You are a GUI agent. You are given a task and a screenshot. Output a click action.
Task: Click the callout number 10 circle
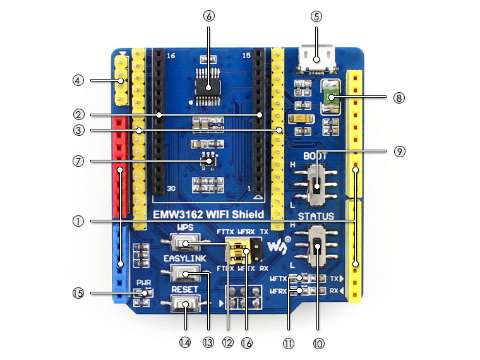[318, 344]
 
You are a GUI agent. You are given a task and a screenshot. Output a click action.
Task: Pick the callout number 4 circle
[78, 80]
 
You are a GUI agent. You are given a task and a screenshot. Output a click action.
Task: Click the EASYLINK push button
[185, 273]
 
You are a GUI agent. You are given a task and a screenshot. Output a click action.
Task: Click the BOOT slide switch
[320, 184]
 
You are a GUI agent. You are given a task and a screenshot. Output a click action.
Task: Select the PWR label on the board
[143, 283]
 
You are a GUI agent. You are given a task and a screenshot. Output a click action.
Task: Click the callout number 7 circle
[78, 160]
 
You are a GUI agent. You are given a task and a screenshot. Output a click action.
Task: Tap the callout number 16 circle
[247, 343]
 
